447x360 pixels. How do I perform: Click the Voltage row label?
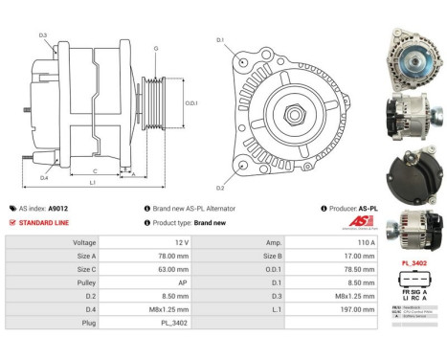coord(83,243)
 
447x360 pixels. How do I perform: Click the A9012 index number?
coord(58,208)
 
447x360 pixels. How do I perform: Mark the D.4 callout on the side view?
coord(45,177)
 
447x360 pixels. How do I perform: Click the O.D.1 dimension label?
coord(190,103)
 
